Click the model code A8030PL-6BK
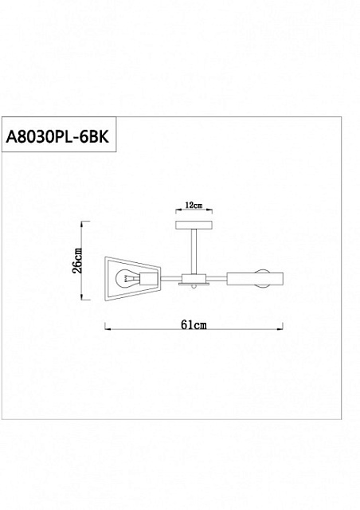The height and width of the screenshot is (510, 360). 57,136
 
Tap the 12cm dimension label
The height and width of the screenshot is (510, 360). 194,206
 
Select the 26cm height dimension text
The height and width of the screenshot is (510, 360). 77,261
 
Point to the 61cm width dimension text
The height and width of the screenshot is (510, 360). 194,324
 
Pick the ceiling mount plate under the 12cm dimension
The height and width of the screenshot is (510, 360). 194,225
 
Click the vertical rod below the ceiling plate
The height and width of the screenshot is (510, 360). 194,252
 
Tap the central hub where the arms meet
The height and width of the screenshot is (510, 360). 194,278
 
